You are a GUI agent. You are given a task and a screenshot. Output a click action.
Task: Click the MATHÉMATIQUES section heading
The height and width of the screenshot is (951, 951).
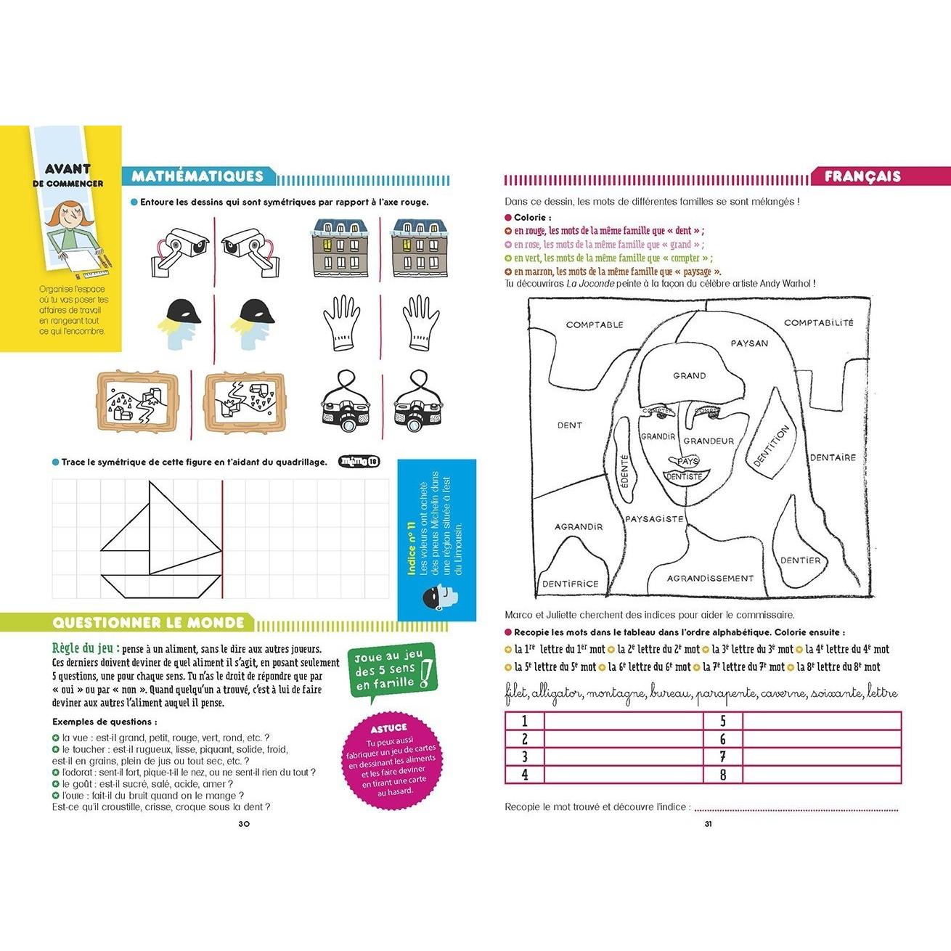(x=197, y=176)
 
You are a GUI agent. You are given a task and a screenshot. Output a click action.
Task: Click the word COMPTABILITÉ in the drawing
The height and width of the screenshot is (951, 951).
(x=819, y=323)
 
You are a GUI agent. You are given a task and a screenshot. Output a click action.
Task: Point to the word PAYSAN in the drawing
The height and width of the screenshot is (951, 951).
(x=748, y=343)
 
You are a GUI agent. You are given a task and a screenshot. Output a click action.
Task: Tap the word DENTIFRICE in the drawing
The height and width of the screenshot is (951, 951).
(x=571, y=583)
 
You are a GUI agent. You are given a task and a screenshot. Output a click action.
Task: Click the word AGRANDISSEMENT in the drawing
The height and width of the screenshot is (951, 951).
(x=711, y=579)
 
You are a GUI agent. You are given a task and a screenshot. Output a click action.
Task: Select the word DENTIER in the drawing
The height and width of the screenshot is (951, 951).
(x=800, y=560)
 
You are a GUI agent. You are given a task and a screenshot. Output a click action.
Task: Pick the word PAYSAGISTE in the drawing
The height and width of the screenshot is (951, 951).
(x=654, y=519)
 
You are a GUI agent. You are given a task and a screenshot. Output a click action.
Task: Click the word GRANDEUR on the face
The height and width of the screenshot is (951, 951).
(x=709, y=441)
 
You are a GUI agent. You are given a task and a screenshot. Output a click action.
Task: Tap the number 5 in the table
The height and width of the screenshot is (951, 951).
(x=722, y=721)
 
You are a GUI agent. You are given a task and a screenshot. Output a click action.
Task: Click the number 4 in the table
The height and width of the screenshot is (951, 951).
(x=524, y=774)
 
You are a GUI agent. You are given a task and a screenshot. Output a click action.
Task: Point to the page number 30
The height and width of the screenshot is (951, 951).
(x=244, y=823)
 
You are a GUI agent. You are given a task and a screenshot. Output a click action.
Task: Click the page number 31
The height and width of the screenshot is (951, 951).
(x=709, y=823)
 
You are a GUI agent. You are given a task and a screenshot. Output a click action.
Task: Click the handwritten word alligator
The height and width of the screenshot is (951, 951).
(x=557, y=694)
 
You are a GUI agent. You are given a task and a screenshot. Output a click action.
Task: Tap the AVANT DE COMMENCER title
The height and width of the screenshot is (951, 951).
(x=73, y=175)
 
